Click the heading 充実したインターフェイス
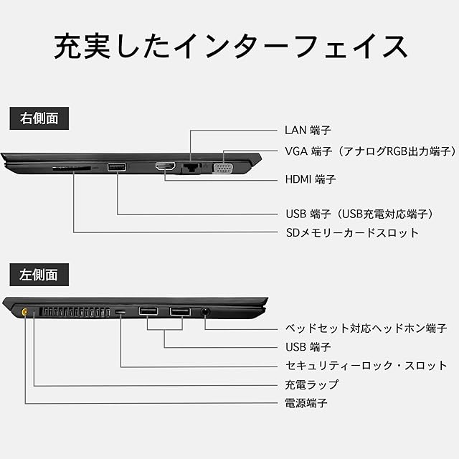[229, 47]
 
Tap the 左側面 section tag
[34, 273]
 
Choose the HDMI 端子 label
[310, 179]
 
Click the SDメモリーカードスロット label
[351, 232]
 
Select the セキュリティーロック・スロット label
[366, 365]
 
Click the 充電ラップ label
[311, 384]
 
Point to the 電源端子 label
[306, 403]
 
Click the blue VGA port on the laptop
[222, 168]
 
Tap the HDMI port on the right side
[166, 167]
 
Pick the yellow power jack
[26, 312]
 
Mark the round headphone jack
[206, 312]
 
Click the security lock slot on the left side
[120, 313]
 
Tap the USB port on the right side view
[117, 168]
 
